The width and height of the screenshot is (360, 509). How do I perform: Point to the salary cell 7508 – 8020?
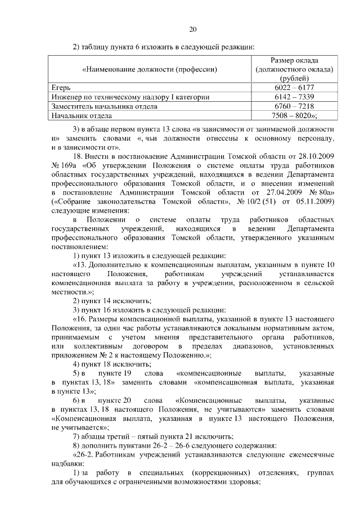[293, 115]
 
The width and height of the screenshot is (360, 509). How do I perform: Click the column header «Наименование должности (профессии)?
[149, 69]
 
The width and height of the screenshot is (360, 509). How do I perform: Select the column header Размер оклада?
[293, 60]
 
